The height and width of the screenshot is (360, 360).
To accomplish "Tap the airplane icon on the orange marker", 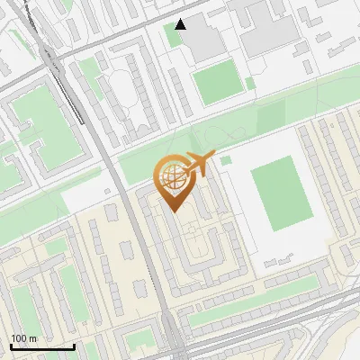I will click(198, 164).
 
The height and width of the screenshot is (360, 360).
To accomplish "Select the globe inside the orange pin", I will click(171, 176).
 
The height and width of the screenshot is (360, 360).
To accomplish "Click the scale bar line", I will click(42, 346).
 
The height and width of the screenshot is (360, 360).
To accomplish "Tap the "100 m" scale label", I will click(24, 338).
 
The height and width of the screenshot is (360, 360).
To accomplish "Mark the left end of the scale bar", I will click(11, 346).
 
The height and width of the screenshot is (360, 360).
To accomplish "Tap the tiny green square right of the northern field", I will click(249, 83).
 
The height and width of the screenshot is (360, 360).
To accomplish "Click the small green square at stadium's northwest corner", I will click(226, 160).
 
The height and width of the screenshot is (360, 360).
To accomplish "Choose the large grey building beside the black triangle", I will click(206, 40).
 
